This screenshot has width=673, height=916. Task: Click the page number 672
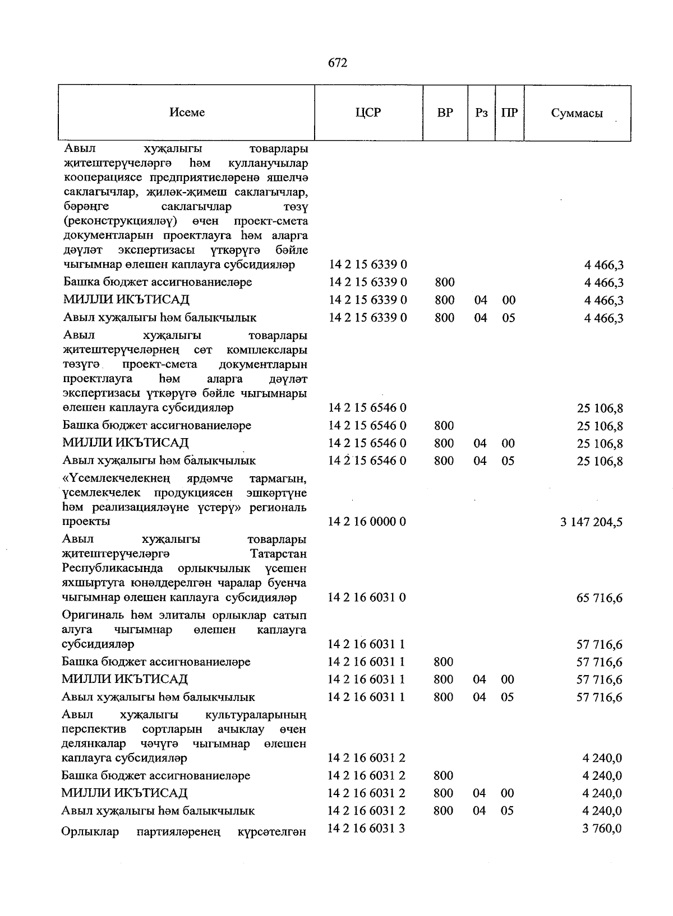tap(337, 63)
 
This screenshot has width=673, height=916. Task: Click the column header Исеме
tap(187, 113)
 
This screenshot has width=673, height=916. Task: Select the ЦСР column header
tap(368, 113)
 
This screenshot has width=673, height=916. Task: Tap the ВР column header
tap(445, 113)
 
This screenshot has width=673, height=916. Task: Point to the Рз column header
tap(481, 113)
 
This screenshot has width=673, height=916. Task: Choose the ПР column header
tap(509, 113)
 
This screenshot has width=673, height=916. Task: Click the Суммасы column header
tap(577, 113)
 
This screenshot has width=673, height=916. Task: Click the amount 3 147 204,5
tap(591, 523)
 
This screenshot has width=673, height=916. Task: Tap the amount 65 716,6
tap(599, 598)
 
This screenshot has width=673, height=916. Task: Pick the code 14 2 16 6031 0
tap(367, 597)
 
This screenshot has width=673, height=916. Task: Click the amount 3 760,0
tap(602, 829)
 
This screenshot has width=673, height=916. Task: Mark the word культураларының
tap(256, 715)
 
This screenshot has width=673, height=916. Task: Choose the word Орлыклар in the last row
tap(90, 831)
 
